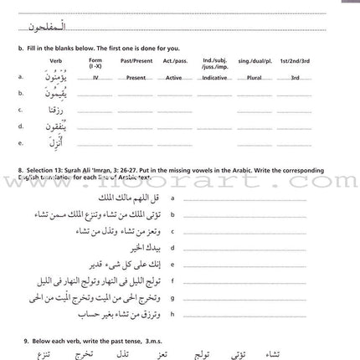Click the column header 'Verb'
coord(55,61)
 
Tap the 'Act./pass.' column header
coord(174,61)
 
